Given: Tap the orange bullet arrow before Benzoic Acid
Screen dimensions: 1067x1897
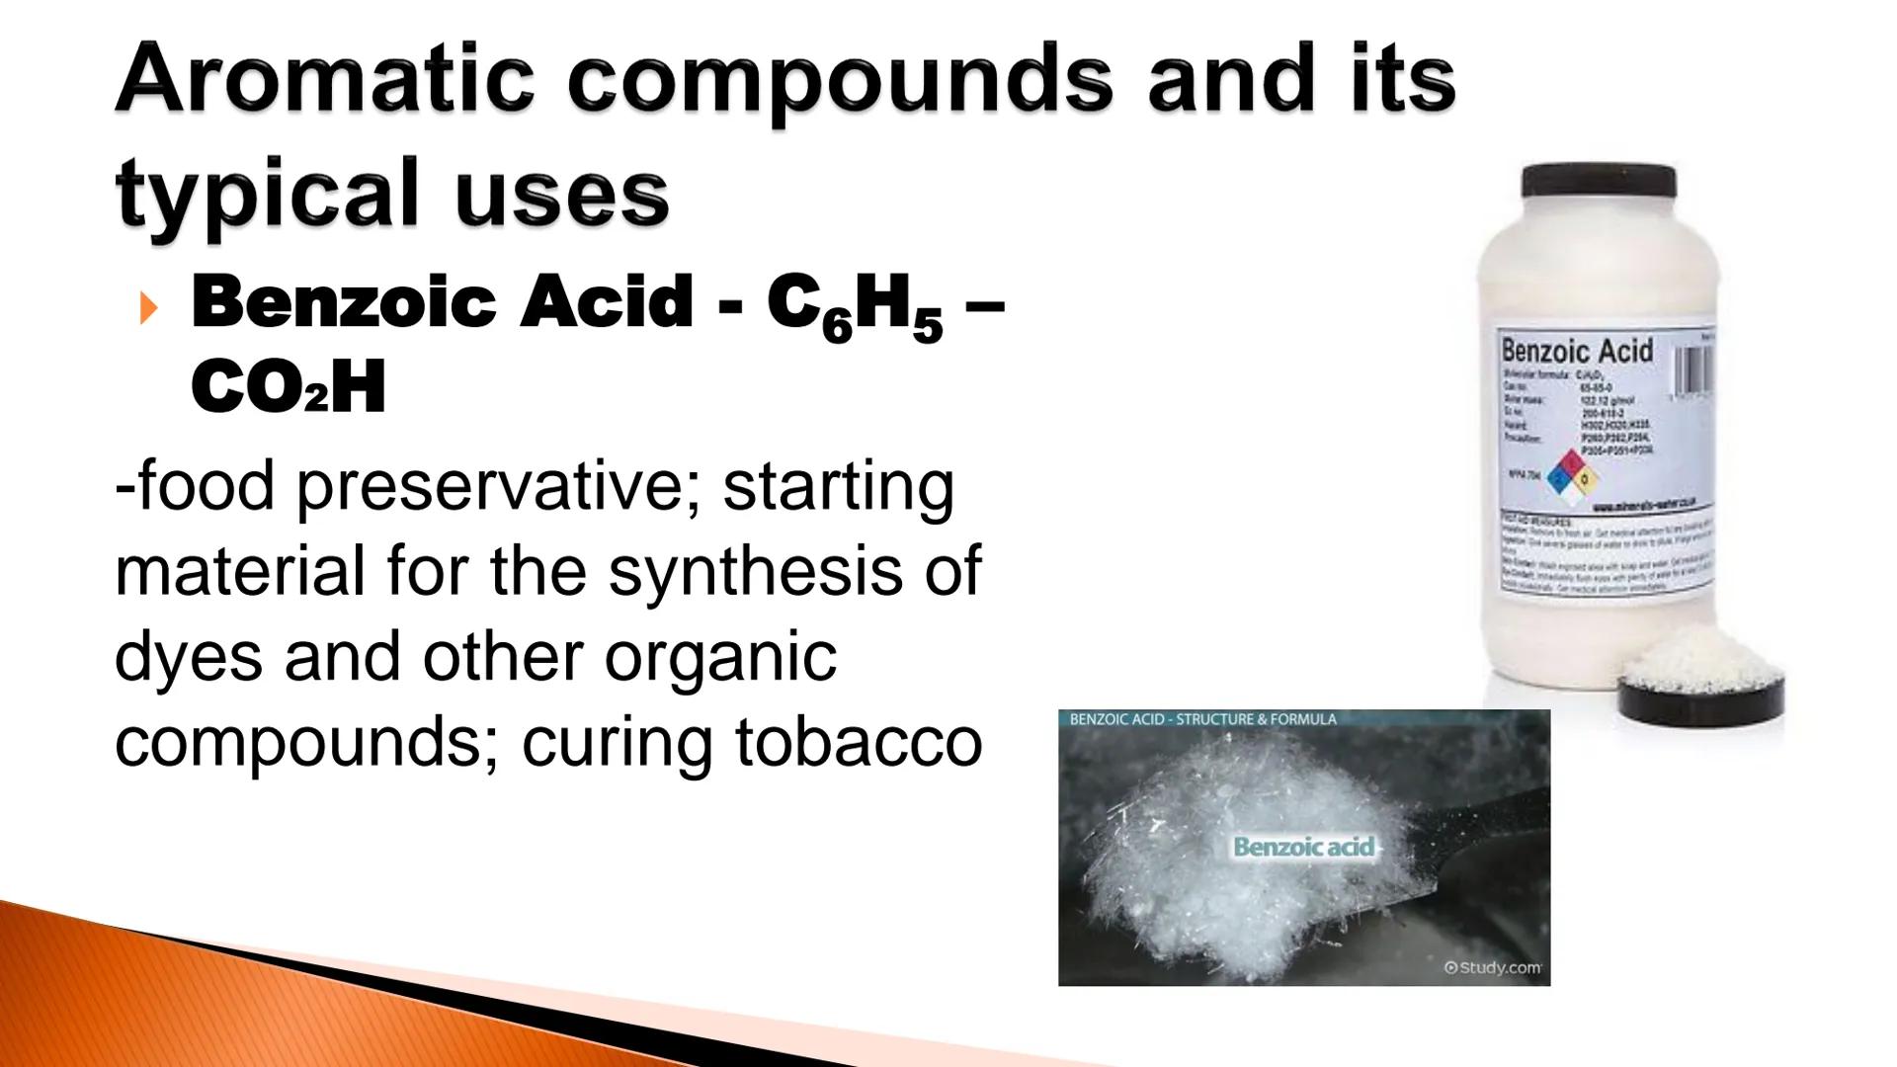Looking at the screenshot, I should (148, 308).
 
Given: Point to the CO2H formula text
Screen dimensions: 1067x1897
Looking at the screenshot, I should (288, 388).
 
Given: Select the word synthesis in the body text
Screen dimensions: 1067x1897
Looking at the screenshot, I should (755, 571).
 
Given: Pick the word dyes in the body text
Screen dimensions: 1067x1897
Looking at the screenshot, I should (189, 657).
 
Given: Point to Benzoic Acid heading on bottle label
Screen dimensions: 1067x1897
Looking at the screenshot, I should (1576, 351).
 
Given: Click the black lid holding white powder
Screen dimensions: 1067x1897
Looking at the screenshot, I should (1701, 692).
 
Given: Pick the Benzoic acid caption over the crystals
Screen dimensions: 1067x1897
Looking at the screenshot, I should (1303, 847).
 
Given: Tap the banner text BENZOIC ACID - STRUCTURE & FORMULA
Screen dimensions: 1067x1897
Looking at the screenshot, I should (1202, 719).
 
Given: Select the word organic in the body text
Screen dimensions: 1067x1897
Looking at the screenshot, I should (720, 657).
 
